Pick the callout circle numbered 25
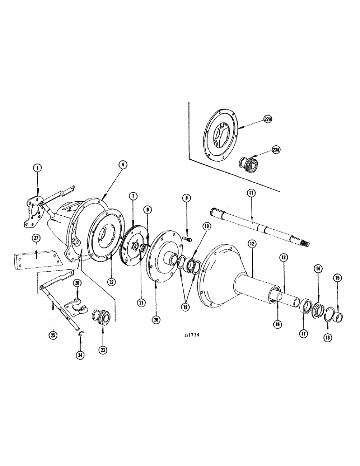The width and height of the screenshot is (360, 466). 53,335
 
